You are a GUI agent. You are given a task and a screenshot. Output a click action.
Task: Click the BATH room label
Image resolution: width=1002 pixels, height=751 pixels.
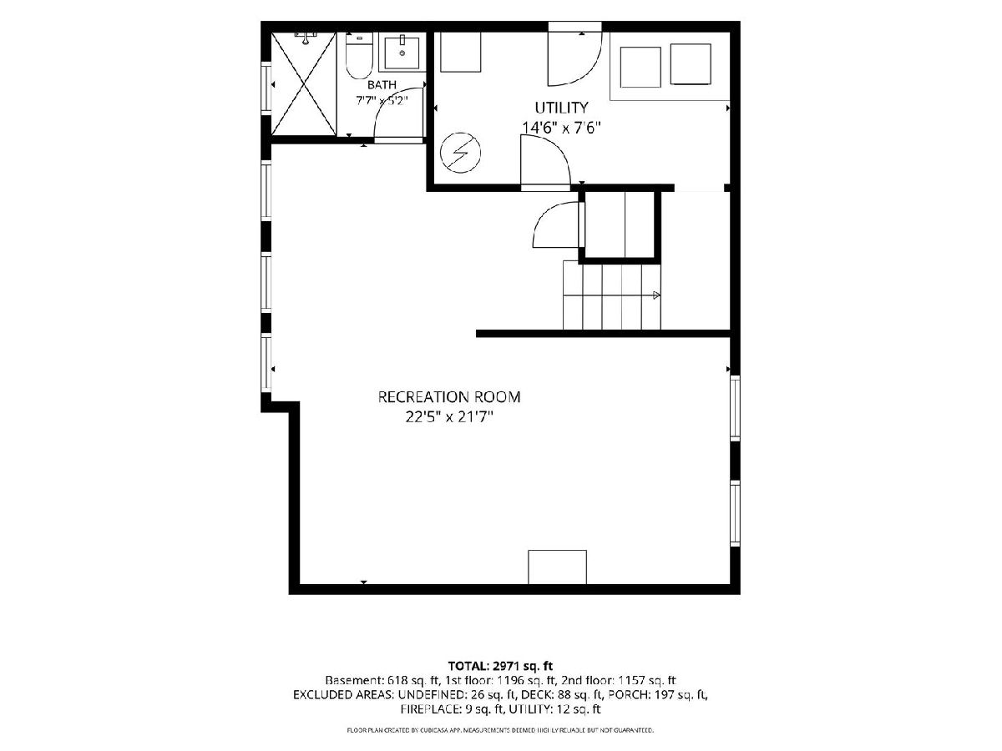382,85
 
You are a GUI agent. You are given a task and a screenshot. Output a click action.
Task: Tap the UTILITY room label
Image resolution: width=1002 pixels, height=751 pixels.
561,108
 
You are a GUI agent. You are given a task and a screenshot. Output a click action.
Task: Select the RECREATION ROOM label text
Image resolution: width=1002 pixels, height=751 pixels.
449,396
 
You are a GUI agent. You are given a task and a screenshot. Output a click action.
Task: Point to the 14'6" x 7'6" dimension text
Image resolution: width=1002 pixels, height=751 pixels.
561,128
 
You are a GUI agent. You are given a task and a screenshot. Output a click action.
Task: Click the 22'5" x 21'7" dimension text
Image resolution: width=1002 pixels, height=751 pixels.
449,416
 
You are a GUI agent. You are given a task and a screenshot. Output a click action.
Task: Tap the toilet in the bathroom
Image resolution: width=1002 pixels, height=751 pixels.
359,55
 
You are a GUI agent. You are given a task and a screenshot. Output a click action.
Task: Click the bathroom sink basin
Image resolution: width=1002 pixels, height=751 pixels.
402,53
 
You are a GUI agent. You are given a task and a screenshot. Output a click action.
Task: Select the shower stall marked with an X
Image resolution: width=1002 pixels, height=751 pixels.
304,83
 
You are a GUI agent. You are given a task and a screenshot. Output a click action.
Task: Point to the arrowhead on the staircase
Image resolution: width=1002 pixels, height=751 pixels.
656,295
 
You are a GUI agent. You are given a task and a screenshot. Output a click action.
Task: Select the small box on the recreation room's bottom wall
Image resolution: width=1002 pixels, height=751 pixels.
558,567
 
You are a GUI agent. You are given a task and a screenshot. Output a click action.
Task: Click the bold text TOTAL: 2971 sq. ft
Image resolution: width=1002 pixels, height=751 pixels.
500,666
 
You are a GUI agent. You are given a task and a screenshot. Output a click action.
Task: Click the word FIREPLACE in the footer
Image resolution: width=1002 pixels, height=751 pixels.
429,709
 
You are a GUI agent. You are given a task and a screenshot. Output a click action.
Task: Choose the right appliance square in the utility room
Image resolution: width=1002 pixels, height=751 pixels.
691,64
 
